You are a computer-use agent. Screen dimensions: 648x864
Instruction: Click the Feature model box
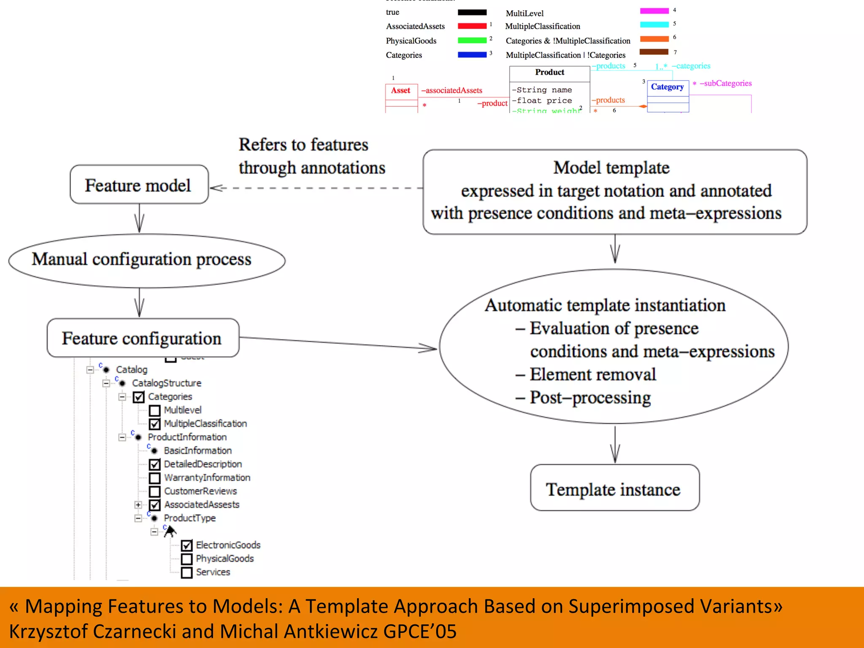tap(139, 185)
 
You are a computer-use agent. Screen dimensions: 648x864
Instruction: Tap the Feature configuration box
tap(143, 338)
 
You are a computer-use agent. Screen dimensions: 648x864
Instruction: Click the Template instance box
tap(614, 488)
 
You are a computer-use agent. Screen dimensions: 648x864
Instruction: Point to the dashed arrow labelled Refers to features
tap(316, 188)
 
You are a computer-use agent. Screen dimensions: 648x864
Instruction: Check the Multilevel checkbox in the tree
tap(155, 410)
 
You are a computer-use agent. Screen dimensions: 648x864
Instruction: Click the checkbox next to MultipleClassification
tap(155, 424)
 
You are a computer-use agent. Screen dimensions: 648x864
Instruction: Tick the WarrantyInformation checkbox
tap(155, 478)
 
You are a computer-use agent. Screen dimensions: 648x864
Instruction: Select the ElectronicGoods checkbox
tap(187, 545)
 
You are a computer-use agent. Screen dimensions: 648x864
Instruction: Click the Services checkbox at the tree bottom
tap(187, 572)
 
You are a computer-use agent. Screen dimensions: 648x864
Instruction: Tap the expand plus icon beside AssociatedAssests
tap(138, 505)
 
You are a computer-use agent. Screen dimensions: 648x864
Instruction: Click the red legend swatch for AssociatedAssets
tap(472, 26)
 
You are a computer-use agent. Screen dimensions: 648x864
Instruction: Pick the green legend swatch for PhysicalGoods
tap(472, 40)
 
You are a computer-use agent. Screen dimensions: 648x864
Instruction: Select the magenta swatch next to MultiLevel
tap(654, 11)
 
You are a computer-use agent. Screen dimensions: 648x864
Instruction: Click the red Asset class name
tap(400, 90)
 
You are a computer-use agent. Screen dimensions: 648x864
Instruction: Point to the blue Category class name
tap(667, 87)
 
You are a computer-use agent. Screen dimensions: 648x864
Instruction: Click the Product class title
tap(549, 73)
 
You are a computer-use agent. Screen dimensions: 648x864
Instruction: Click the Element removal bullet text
tap(592, 375)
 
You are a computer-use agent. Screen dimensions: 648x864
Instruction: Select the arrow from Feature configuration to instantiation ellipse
tap(337, 343)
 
